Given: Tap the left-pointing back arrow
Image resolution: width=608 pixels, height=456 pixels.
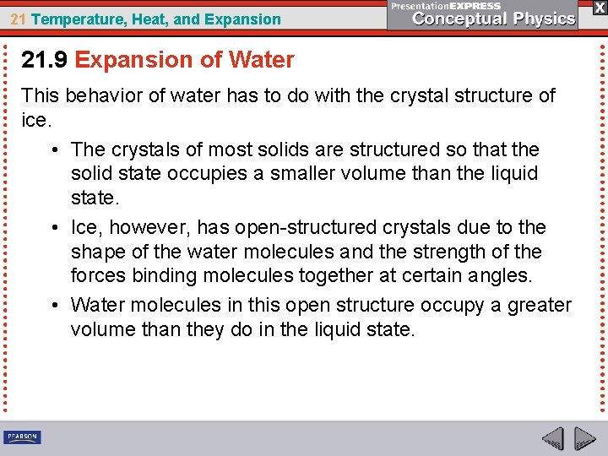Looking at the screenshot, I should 552,438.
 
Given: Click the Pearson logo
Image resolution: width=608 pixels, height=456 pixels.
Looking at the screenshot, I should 22,437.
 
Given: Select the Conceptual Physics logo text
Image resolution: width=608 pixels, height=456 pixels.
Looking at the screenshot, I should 494,19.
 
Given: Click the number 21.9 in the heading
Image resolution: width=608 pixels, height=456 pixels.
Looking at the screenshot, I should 45,60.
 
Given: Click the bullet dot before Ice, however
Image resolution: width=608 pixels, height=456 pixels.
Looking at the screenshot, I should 53,228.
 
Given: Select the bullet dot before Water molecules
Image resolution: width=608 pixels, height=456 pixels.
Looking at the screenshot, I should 53,305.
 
